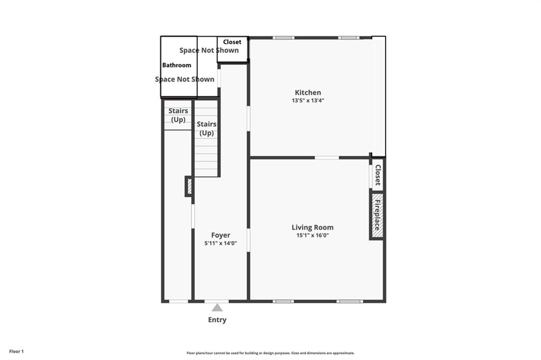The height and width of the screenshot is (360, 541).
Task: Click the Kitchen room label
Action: pyautogui.click(x=307, y=92)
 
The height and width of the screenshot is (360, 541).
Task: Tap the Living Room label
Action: pyautogui.click(x=312, y=228)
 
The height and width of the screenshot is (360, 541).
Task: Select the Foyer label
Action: pyautogui.click(x=220, y=235)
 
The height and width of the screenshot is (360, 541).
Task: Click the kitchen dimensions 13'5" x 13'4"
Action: pyautogui.click(x=307, y=100)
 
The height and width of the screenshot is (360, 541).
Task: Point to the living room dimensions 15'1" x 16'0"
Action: pyautogui.click(x=312, y=236)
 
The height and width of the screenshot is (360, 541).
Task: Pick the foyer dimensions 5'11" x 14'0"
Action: pyautogui.click(x=220, y=243)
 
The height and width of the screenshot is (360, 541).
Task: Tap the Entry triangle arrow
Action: pyautogui.click(x=217, y=307)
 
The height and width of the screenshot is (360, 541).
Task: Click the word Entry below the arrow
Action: pyautogui.click(x=217, y=320)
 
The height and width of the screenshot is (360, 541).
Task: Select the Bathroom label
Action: pyautogui.click(x=176, y=65)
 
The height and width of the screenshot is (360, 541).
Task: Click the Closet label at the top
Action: pyautogui.click(x=232, y=42)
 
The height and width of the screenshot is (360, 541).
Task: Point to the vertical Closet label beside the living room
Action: pyautogui.click(x=378, y=175)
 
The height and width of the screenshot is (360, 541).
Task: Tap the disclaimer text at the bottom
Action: pyautogui.click(x=270, y=353)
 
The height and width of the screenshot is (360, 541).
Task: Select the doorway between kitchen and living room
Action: pyautogui.click(x=327, y=157)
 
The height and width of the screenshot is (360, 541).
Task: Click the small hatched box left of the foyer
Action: pyautogui.click(x=188, y=186)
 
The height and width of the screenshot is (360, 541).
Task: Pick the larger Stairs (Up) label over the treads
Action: pyautogui.click(x=206, y=128)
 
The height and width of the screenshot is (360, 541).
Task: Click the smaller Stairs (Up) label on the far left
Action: pyautogui.click(x=178, y=115)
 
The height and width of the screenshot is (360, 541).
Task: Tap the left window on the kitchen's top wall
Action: pyautogui.click(x=284, y=37)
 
